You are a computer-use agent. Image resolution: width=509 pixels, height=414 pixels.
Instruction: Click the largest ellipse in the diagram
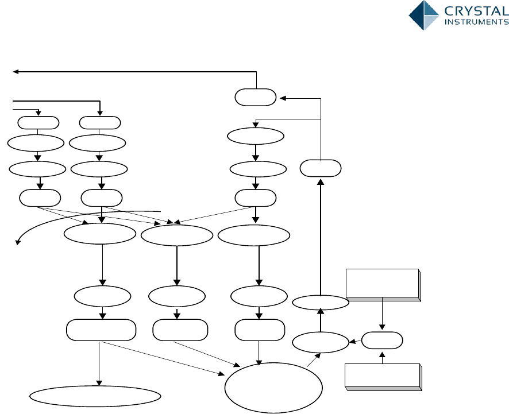coord(272,388)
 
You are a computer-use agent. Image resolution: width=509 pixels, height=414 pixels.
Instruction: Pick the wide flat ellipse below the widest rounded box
coord(95,396)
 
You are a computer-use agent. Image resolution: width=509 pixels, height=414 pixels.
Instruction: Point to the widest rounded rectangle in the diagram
coord(101,331)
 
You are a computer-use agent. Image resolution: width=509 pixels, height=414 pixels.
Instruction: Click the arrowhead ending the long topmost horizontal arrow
coord(16,72)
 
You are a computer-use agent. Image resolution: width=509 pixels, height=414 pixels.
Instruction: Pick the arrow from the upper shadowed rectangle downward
coord(383,315)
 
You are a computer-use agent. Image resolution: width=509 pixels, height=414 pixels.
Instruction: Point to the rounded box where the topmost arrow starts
coord(256,98)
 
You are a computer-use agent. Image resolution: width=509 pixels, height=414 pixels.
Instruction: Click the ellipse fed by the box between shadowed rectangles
coord(321,342)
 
